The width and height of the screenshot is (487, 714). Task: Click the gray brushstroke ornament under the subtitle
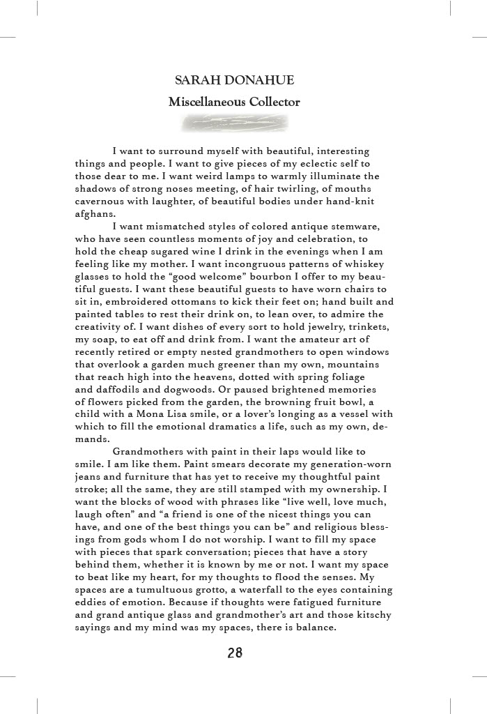pos(234,124)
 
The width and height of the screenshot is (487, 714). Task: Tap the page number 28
pos(235,653)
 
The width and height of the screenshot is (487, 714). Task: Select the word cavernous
pos(104,202)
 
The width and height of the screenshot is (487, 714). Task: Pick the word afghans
pos(95,214)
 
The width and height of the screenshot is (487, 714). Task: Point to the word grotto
pos(218,589)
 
